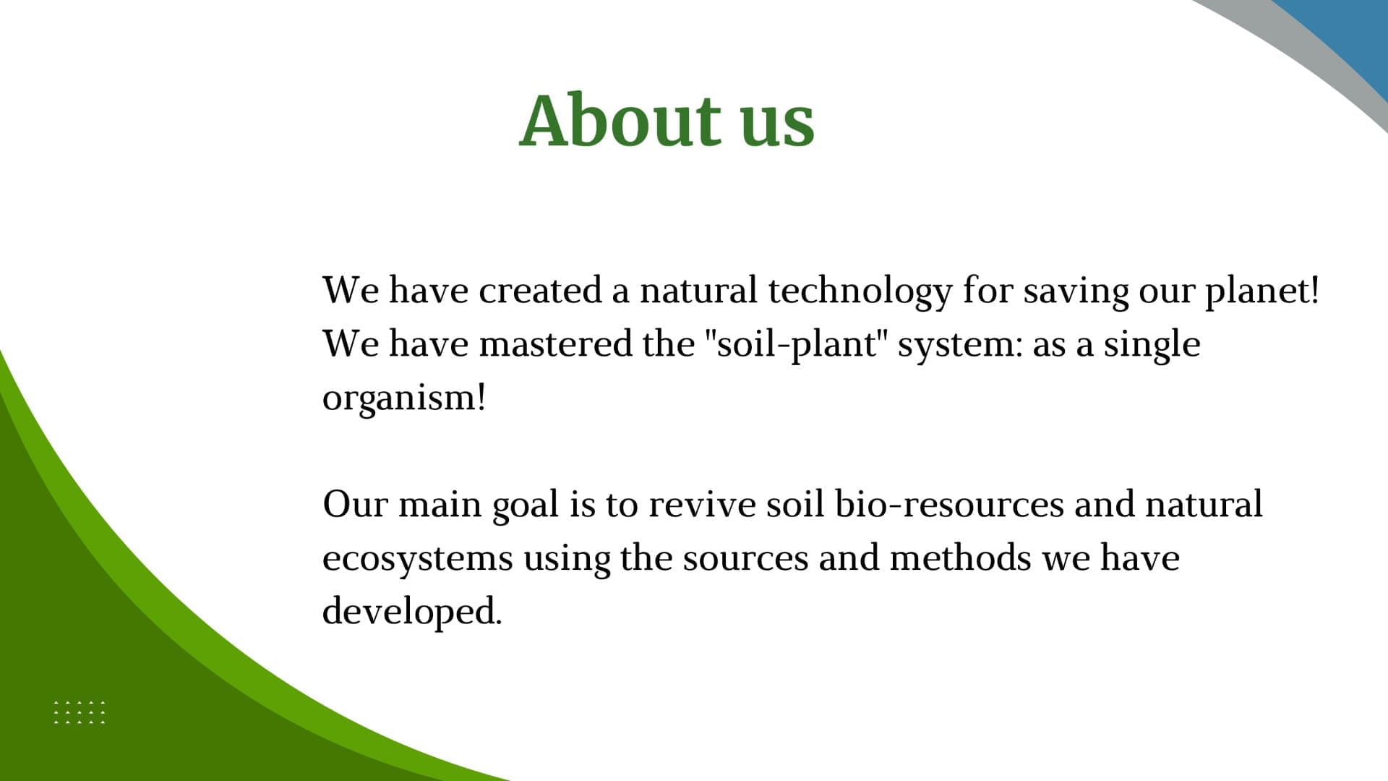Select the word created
point(540,290)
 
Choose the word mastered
point(556,343)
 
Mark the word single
point(1152,345)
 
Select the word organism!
point(404,398)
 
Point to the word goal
point(526,505)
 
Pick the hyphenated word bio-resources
point(949,504)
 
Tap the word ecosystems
point(418,559)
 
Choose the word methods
point(960,558)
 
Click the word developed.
point(411,613)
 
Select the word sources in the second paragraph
point(745,559)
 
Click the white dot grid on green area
point(80,712)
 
